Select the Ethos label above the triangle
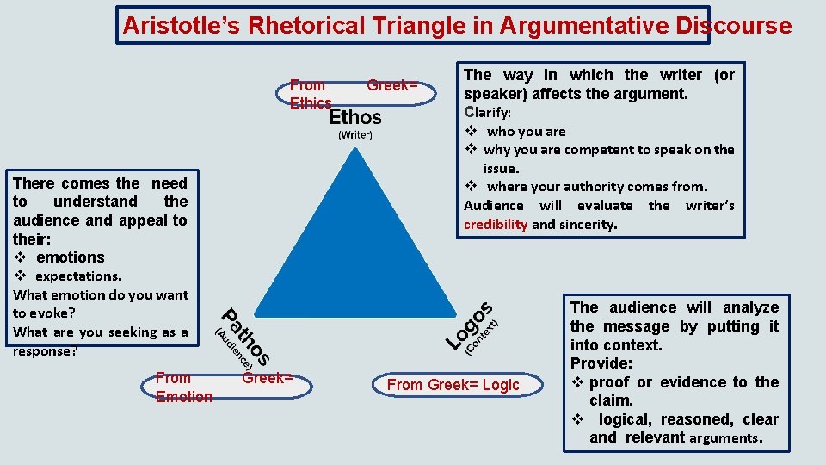[355, 116]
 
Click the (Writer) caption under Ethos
[355, 135]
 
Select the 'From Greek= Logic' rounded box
[453, 385]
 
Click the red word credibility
[496, 225]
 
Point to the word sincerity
[588, 225]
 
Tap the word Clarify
[487, 113]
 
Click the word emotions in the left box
[71, 257]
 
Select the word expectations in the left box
[77, 276]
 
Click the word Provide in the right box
[601, 363]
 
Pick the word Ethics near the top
[311, 103]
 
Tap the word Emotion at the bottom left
[183, 397]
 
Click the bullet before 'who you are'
[472, 132]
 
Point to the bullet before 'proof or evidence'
[577, 382]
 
